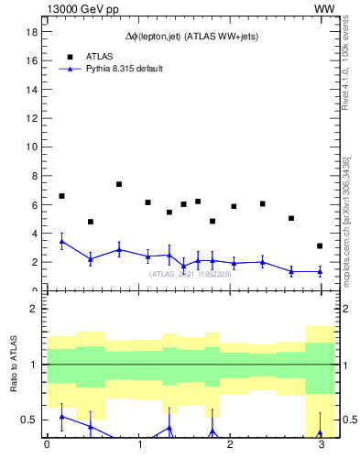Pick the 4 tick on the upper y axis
coord(35,234)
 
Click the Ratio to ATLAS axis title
coord(14,364)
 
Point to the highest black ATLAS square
coord(119,184)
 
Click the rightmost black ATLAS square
coord(320,245)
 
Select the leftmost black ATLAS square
coord(61,196)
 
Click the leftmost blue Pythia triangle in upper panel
coord(61,242)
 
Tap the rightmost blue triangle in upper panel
coord(320,271)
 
